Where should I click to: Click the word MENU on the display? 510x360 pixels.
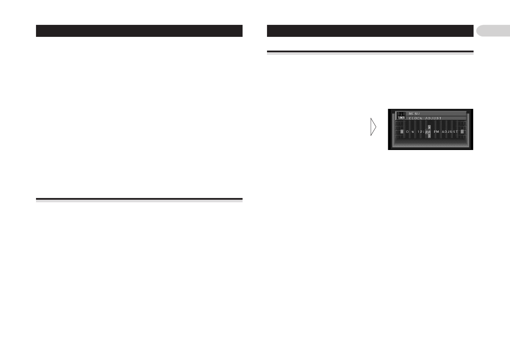point(414,114)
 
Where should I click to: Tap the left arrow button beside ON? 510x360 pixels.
point(402,132)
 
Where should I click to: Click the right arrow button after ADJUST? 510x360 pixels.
point(462,132)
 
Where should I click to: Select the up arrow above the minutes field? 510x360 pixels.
point(429,127)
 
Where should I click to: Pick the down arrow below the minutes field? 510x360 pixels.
point(429,136)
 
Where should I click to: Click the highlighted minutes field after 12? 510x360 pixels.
point(428,132)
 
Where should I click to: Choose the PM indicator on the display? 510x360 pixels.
point(436,132)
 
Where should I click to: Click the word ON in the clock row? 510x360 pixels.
point(410,132)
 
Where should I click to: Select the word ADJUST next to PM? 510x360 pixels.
point(450,132)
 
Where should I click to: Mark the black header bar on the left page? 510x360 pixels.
point(139,31)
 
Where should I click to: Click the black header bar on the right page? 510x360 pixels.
point(370,31)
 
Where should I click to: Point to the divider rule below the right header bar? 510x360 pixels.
point(370,52)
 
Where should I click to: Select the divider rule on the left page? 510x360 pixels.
point(139,199)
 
